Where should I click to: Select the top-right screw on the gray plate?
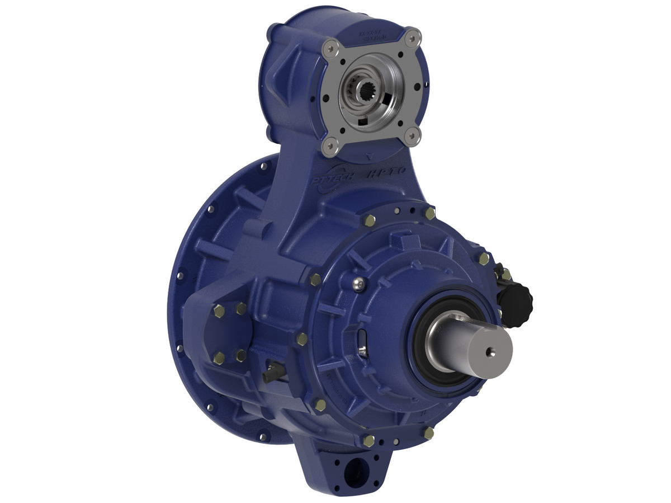coord(412,38)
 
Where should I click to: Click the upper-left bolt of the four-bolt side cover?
coord(219,311)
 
